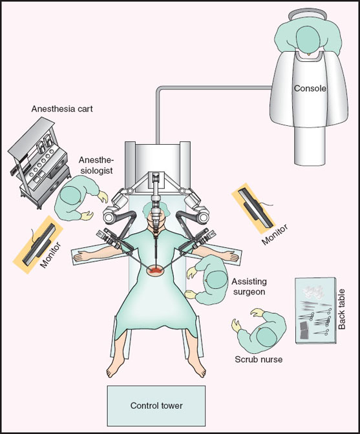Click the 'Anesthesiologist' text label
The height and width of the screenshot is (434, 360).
click(97, 166)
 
